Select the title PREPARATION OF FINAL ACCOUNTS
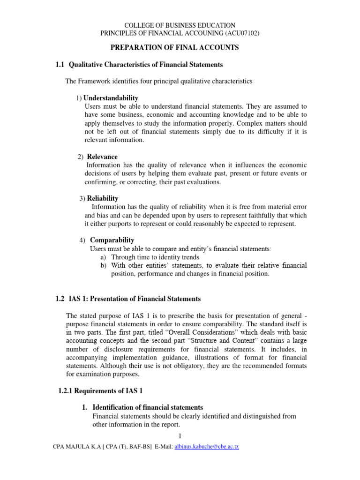tap(174, 48)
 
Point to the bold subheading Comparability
tap(112, 240)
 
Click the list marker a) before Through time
tap(104, 257)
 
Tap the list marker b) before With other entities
tap(104, 265)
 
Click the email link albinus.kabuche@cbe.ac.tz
tap(200, 447)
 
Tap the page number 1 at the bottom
tap(180, 437)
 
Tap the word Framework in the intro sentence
tap(96, 81)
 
